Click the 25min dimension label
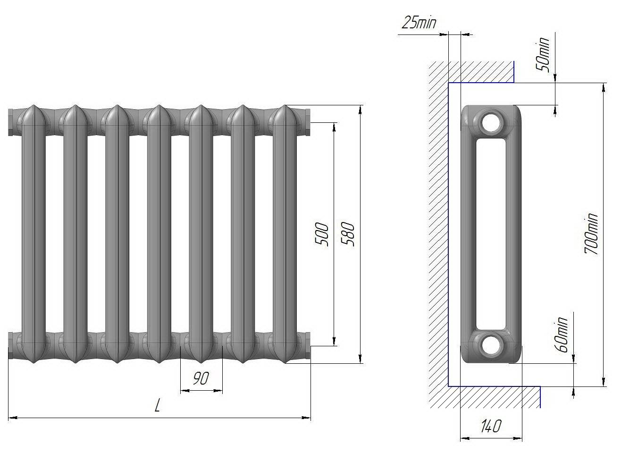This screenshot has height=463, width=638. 419,23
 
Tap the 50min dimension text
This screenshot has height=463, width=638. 542,55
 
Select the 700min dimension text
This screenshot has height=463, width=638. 591,233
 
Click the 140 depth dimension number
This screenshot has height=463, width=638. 490,426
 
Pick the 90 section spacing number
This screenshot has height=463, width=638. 201,378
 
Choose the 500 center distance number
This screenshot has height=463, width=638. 321,234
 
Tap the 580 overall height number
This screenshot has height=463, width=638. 348,234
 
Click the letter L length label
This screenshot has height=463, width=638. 157,405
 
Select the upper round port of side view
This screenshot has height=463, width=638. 491,122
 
